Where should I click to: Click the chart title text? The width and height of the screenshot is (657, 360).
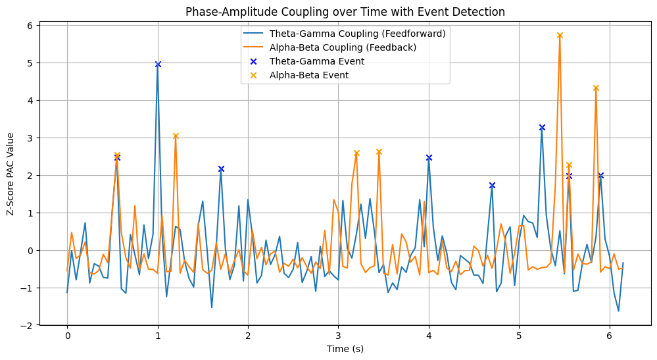pos(345,12)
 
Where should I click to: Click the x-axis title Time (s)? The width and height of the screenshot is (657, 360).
pos(345,349)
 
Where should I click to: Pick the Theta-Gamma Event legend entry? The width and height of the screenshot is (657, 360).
pos(316,61)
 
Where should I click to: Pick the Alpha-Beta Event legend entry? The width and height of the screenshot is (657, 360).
pos(308,75)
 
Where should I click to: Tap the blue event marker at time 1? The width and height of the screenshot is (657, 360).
pos(158,64)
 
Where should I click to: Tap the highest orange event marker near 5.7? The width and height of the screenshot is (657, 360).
pos(560,36)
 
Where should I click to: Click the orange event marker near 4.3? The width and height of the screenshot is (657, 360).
pos(596,88)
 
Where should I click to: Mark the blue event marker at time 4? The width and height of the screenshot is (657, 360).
pos(429,158)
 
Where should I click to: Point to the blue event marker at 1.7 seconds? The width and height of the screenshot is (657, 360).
pos(221,169)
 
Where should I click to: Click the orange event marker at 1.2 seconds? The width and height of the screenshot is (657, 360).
pos(176,136)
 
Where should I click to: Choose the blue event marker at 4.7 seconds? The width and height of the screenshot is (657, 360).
pos(492,186)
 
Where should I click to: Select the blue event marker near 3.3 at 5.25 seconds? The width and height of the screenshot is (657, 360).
pos(542,127)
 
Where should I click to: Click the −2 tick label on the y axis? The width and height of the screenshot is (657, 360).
pos(28,326)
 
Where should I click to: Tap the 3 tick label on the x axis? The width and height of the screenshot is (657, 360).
pos(338,334)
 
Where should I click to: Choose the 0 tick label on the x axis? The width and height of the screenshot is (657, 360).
pos(67,334)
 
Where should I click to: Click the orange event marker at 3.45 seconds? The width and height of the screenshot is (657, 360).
pos(379,152)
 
